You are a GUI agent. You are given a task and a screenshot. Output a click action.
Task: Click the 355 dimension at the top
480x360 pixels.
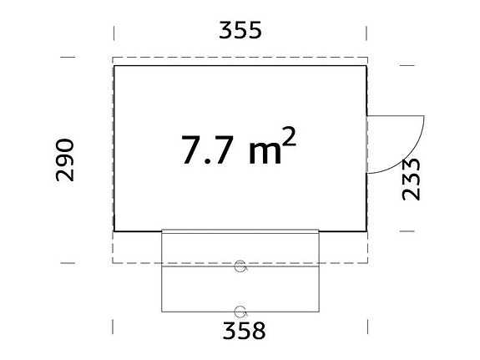tap(240, 30)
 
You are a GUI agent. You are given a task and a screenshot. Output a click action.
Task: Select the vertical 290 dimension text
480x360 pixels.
tap(66, 160)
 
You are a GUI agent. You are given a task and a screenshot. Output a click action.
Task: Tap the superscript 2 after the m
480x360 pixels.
tap(288, 138)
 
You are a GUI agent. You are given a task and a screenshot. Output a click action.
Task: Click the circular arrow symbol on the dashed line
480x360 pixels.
tap(241, 266)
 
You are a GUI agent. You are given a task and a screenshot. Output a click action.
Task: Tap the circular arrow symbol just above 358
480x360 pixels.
tap(241, 310)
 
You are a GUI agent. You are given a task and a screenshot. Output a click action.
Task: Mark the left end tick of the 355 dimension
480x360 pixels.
tap(114, 31)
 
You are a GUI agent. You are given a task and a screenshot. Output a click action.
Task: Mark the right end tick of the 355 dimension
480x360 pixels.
tap(367, 31)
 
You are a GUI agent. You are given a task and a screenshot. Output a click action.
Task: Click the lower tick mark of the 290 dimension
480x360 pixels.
tap(66, 262)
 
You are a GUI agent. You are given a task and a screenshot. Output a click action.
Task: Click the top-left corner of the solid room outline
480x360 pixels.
tap(114, 66)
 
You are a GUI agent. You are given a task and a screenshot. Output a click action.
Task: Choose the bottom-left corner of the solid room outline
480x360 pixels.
tap(114, 231)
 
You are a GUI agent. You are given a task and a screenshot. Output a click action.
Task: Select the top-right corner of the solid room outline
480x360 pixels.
tap(366, 66)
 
